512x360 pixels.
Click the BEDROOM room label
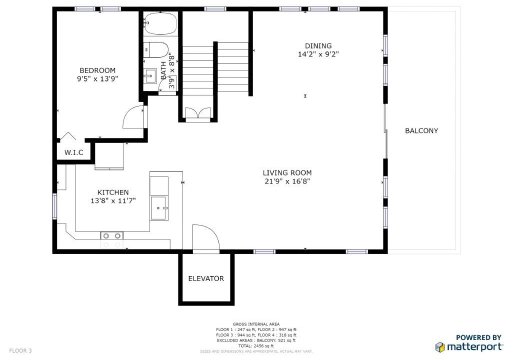tap(97, 70)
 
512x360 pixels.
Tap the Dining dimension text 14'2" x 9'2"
tap(318, 54)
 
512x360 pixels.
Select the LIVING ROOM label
tap(287, 173)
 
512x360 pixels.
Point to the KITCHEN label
tap(113, 192)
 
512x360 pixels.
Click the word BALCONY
tap(421, 130)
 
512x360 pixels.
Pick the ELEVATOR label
tap(206, 278)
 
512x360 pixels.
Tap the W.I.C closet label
tap(74, 152)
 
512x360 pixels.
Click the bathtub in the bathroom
tap(160, 23)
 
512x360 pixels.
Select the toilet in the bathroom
tap(156, 50)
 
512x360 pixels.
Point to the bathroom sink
tap(150, 76)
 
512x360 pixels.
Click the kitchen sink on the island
tap(159, 208)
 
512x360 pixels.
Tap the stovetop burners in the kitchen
tap(111, 236)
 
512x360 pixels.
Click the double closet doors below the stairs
tap(198, 113)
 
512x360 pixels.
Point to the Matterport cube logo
tap(440, 347)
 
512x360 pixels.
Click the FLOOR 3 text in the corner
tap(20, 351)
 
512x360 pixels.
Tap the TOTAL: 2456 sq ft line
tap(256, 345)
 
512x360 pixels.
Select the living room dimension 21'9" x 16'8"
tap(287, 181)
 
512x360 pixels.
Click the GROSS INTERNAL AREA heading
tap(256, 324)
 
